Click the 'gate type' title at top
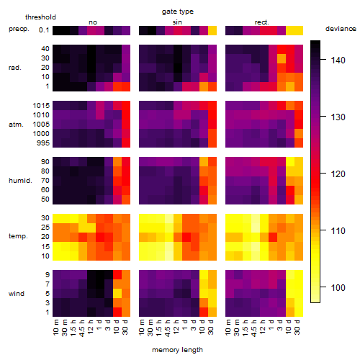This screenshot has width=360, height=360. (x=178, y=12)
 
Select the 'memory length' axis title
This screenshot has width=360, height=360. (x=177, y=350)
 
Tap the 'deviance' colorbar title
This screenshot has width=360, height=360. (x=341, y=29)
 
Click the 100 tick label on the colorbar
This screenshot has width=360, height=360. (x=338, y=287)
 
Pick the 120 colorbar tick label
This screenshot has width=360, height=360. (x=338, y=174)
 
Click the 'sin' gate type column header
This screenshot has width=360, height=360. (x=177, y=22)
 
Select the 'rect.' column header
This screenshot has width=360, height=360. (x=262, y=22)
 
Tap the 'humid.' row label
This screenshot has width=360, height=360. (x=20, y=181)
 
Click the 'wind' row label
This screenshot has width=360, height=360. (x=17, y=294)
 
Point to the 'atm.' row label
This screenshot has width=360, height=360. (x=16, y=125)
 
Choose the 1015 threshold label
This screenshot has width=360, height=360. (x=41, y=106)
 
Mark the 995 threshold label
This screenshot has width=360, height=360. (x=43, y=143)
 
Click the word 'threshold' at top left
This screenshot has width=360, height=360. (x=40, y=17)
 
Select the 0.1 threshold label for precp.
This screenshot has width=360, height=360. (x=44, y=30)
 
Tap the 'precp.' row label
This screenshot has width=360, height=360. (x=19, y=29)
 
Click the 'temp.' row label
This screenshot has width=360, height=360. (x=18, y=236)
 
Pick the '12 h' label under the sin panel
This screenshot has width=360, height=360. (x=176, y=327)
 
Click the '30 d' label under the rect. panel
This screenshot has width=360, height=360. (x=297, y=327)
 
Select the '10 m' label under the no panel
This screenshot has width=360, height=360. (x=55, y=328)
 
